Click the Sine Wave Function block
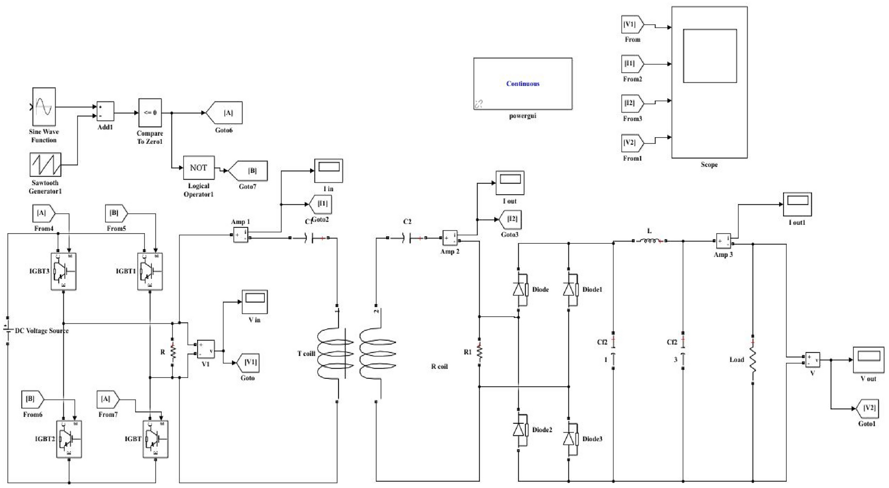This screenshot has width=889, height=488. [x=44, y=107]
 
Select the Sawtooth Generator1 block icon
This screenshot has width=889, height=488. [x=45, y=165]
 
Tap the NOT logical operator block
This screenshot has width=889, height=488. [x=198, y=168]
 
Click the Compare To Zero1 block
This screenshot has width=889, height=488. [x=150, y=113]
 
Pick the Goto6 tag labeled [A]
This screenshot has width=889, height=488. [x=225, y=113]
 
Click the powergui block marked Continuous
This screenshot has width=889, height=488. [x=523, y=84]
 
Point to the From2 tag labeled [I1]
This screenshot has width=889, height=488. [x=632, y=64]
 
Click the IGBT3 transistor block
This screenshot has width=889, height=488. [x=63, y=271]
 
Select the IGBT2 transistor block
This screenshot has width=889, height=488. [x=69, y=439]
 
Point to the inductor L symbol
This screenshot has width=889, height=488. [x=649, y=241]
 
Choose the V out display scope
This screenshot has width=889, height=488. [x=868, y=360]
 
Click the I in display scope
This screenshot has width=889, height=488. [x=328, y=170]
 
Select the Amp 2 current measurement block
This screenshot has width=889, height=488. [x=450, y=238]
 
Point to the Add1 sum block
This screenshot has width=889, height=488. [x=105, y=111]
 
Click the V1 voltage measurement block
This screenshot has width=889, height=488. [x=206, y=349]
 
